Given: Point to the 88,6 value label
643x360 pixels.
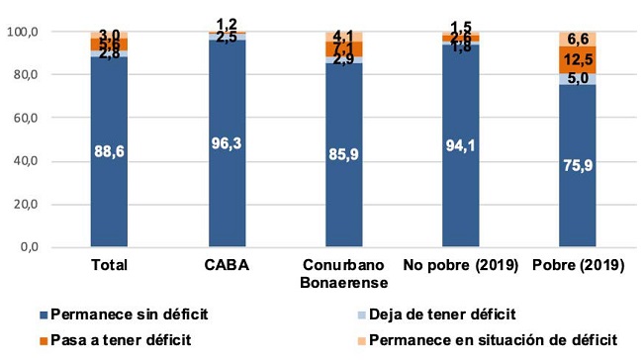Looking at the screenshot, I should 109,150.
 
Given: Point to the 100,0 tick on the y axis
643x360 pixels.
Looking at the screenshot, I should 49,32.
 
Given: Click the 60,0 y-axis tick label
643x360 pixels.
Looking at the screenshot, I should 52,118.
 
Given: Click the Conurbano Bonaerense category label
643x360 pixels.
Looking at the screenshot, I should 345,275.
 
